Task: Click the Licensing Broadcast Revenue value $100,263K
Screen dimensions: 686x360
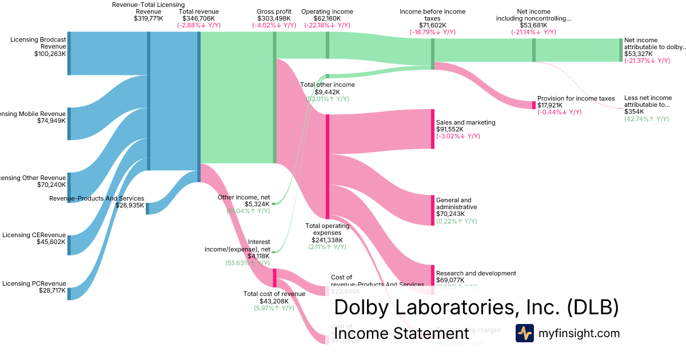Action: coord(50,54)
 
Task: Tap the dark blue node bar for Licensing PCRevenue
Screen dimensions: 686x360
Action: coord(69,293)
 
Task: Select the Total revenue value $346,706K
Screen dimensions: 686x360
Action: coord(198,18)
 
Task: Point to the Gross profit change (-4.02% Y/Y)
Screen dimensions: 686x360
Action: coord(274,26)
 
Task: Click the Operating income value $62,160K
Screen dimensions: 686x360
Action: coord(327,18)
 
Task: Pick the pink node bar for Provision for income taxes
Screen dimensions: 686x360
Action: coord(534,105)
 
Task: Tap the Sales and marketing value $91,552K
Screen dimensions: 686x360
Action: coord(450,130)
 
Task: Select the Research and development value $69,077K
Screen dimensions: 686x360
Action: coord(450,281)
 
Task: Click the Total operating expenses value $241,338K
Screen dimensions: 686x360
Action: coord(326,240)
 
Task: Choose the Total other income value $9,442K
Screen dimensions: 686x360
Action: coord(327,92)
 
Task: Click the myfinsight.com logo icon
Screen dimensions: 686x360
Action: coord(524,333)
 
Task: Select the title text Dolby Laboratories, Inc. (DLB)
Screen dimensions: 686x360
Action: coord(476,307)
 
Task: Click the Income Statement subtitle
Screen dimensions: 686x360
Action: coord(401,334)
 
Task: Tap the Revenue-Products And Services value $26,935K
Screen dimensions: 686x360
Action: coord(130,206)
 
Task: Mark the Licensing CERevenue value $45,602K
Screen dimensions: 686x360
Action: coord(50,242)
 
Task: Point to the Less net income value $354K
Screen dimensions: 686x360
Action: coord(634,111)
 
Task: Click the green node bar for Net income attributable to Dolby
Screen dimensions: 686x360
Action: coord(620,50)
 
